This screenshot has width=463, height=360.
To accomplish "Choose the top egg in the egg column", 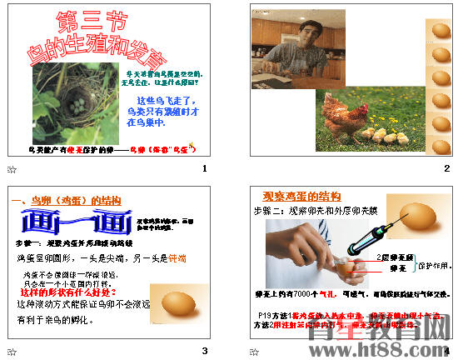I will click(440, 31).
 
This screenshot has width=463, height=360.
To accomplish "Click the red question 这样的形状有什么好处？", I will click(63, 293).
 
